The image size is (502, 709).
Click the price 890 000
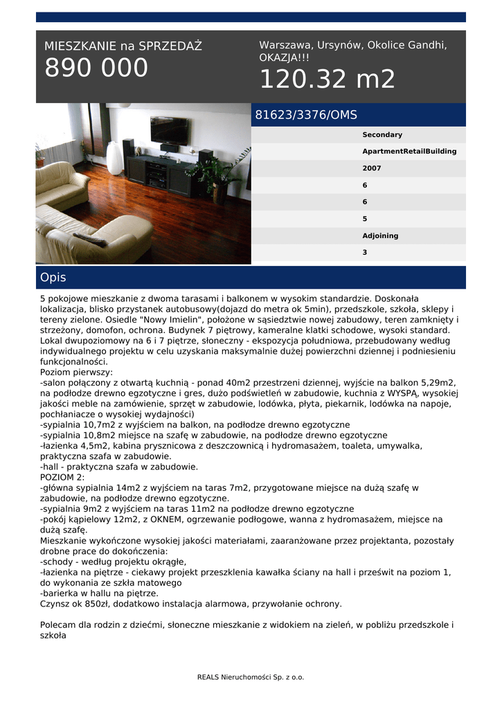coord(96,68)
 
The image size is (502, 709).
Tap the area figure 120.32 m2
coord(327,80)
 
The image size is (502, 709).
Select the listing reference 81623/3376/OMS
coord(306,115)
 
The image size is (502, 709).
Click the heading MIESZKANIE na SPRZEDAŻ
coord(123,46)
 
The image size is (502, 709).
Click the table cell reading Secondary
coord(382,134)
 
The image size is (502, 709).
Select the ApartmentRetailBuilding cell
coord(409,151)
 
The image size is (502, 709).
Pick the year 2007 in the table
coord(372,168)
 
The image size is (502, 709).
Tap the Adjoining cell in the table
coord(380,235)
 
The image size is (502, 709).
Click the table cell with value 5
coord(365,219)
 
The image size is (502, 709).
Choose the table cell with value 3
coord(365,253)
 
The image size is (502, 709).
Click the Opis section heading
coord(53,278)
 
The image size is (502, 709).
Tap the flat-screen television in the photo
coord(169,129)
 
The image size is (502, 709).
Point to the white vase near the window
coord(114,158)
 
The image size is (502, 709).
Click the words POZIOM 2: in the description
coord(62,477)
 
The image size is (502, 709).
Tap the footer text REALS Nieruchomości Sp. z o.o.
coord(251,677)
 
